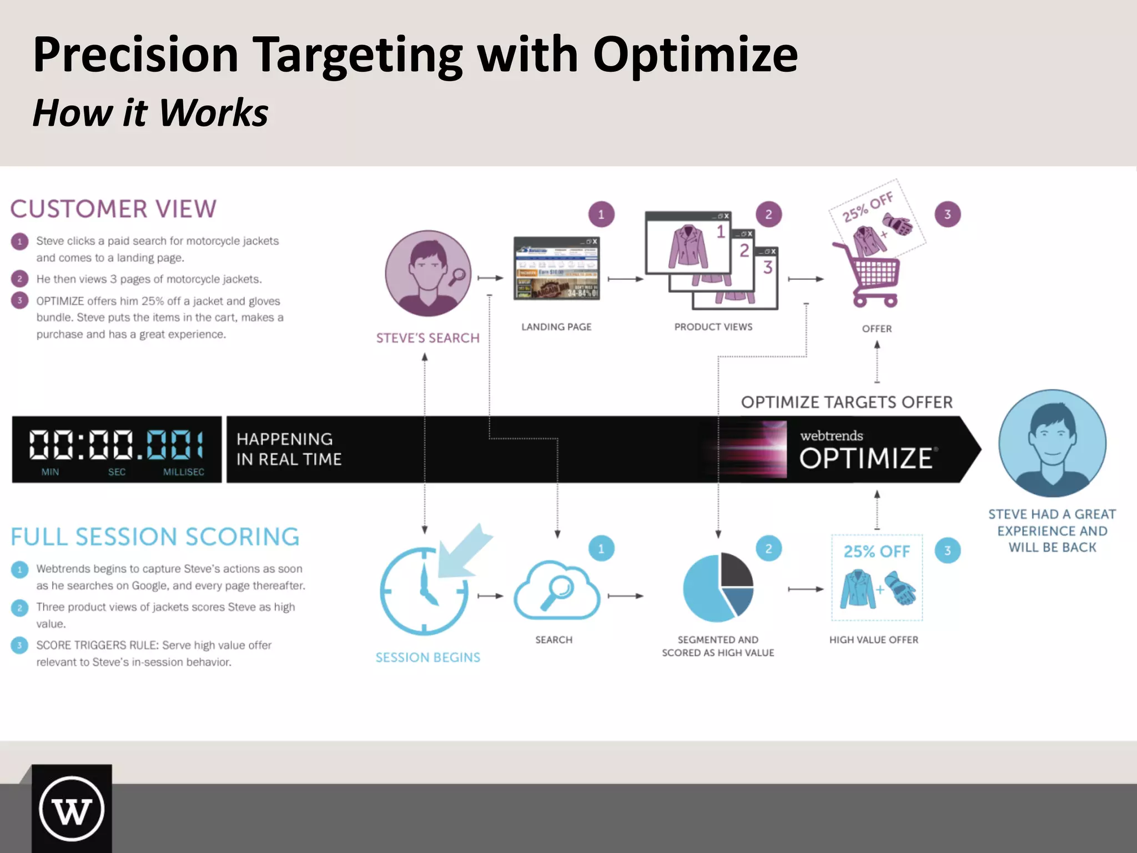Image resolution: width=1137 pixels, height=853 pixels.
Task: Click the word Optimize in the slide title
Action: pyautogui.click(x=695, y=56)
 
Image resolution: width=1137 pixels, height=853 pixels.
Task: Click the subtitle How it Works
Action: pyautogui.click(x=150, y=113)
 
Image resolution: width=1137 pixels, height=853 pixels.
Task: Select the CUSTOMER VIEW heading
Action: pyautogui.click(x=113, y=209)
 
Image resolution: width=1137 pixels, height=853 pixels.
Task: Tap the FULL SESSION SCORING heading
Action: pyautogui.click(x=155, y=537)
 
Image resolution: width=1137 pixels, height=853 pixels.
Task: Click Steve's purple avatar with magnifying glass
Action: pyautogui.click(x=428, y=274)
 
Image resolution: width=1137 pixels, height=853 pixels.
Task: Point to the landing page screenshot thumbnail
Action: pyautogui.click(x=556, y=268)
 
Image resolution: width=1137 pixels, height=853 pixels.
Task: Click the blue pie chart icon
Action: pyautogui.click(x=718, y=587)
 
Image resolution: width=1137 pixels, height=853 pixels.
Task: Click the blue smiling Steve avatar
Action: pyautogui.click(x=1052, y=443)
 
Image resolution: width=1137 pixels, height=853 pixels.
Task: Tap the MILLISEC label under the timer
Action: pyautogui.click(x=184, y=472)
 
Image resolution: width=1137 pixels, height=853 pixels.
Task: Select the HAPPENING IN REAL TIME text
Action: pyautogui.click(x=289, y=449)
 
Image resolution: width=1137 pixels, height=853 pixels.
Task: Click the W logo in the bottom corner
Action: pyautogui.click(x=72, y=809)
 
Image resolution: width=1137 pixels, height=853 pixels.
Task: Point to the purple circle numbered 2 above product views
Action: pyautogui.click(x=768, y=214)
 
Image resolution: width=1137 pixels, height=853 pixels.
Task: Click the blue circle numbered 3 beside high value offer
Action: pyautogui.click(x=947, y=550)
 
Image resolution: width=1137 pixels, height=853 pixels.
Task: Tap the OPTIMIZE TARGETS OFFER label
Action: pyautogui.click(x=847, y=402)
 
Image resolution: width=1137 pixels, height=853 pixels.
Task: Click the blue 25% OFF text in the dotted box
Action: pyautogui.click(x=877, y=551)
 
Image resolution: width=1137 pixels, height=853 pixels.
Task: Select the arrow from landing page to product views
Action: pyautogui.click(x=625, y=279)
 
